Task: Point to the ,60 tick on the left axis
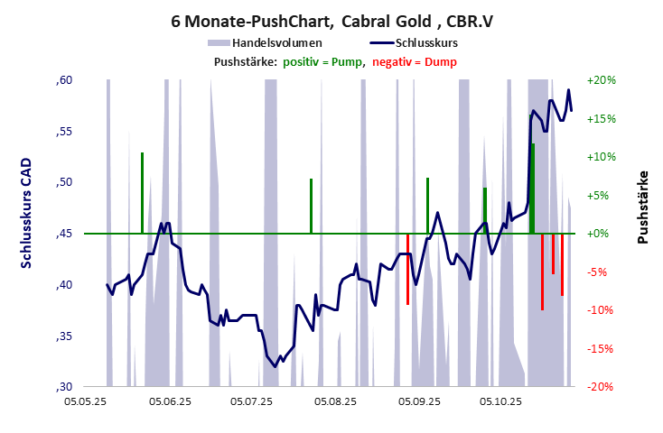pos(63,80)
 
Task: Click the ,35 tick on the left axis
pos(63,336)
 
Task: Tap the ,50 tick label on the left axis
pos(63,183)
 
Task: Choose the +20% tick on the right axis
pos(602,80)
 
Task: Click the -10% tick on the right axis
pos(602,310)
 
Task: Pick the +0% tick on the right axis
pos(602,234)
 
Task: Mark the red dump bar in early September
pos(407,269)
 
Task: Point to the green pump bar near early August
pos(311,206)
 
